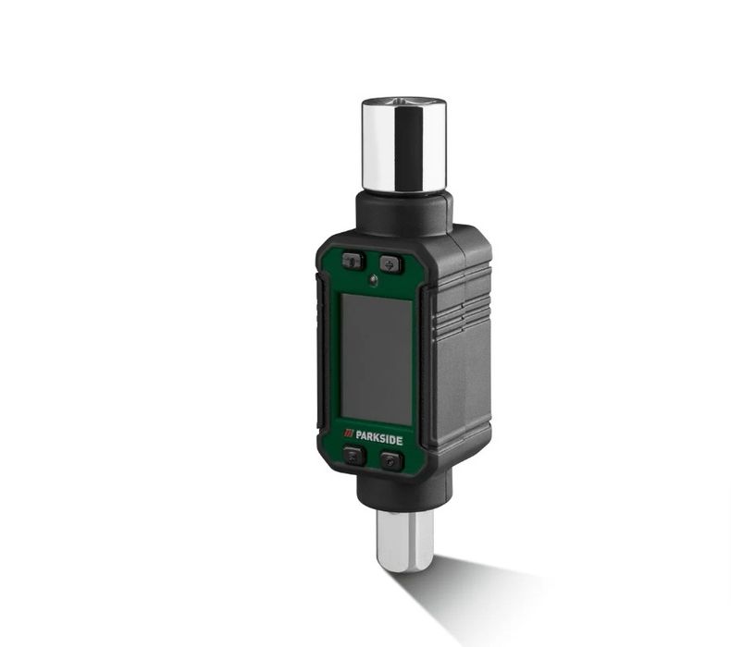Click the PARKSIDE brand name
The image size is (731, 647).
coord(378,439)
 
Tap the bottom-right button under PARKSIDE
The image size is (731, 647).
coord(390,460)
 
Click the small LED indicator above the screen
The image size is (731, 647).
coord(373,280)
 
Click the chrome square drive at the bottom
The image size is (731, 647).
coord(404,542)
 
